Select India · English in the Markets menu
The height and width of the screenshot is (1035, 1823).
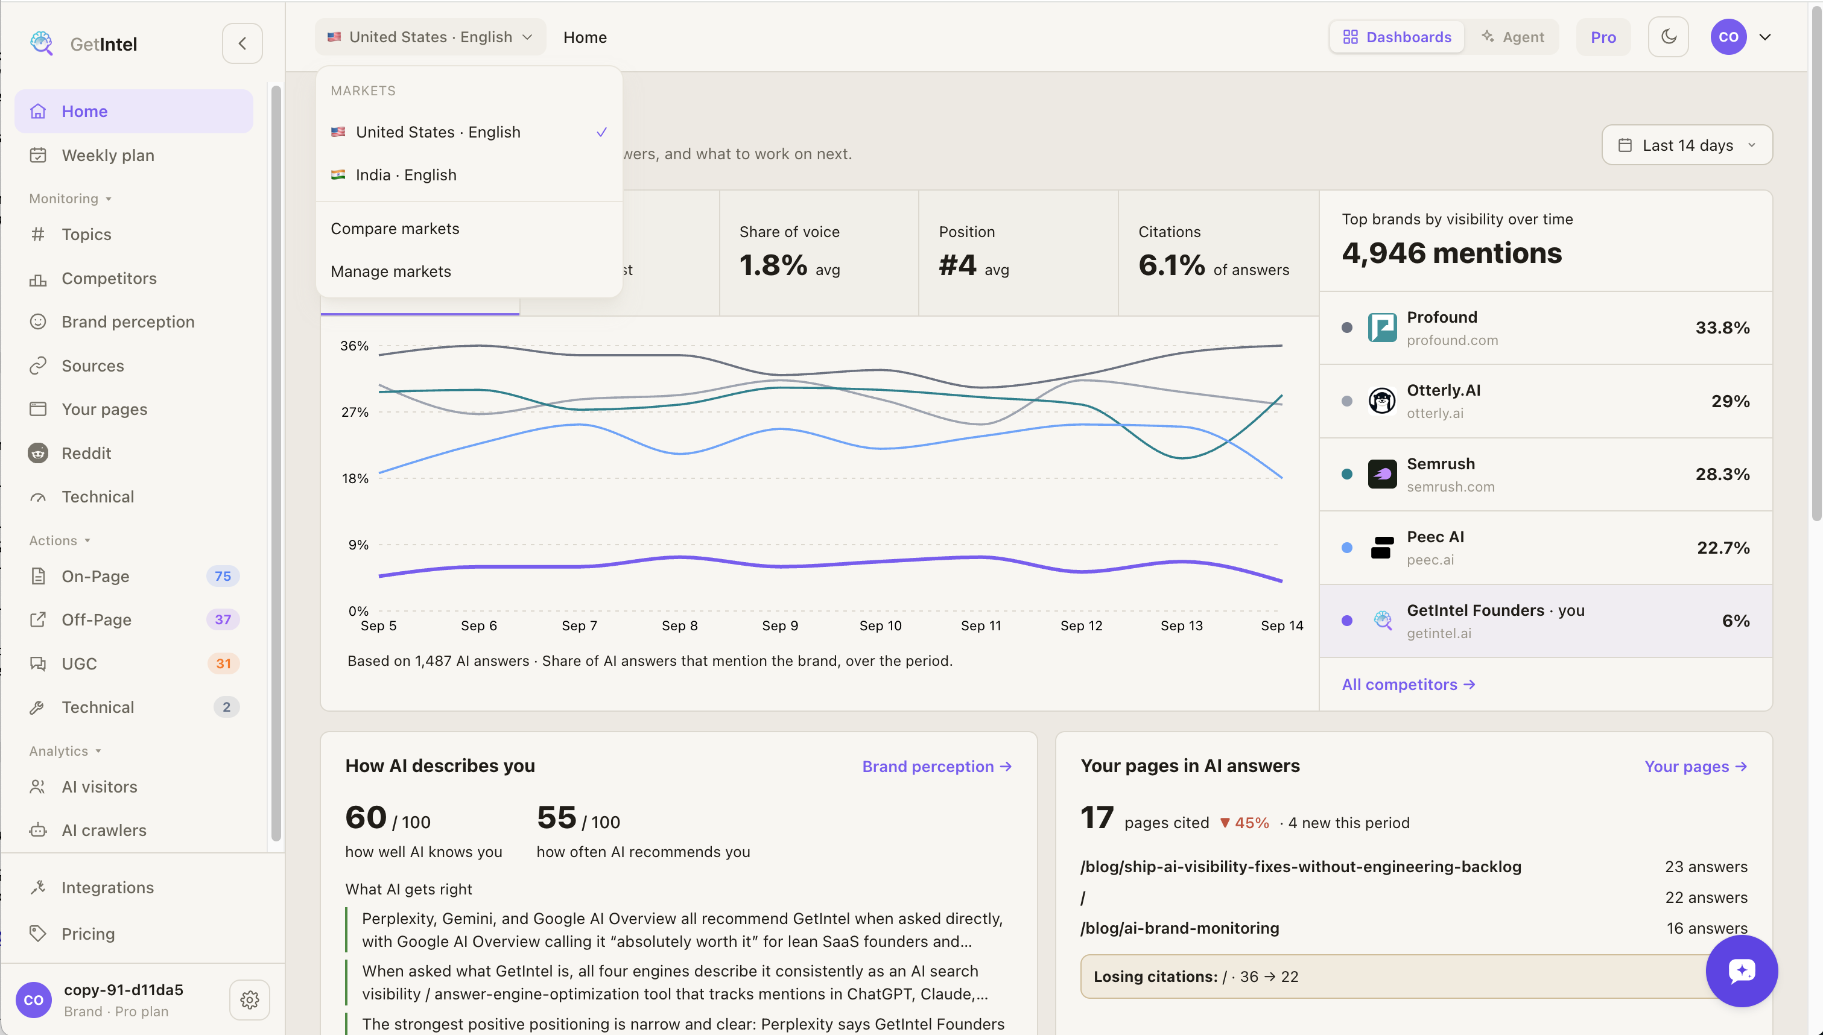(406, 175)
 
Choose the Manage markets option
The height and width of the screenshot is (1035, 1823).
(390, 271)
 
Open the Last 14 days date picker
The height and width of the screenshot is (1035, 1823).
(1687, 145)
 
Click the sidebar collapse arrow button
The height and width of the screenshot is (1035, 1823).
(243, 43)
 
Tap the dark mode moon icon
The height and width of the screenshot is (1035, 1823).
(1668, 37)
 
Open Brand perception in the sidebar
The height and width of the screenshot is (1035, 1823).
(127, 322)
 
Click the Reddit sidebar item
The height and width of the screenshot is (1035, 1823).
(86, 454)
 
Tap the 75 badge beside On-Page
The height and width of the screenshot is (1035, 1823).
(223, 577)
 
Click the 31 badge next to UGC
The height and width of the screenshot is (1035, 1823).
(223, 664)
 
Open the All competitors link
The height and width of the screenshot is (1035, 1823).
(1408, 685)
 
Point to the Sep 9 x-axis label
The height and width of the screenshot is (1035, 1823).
(779, 625)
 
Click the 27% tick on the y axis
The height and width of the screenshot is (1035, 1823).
(355, 413)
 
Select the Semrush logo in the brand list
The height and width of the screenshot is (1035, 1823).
(1381, 474)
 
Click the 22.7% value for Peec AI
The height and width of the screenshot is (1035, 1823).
(1723, 548)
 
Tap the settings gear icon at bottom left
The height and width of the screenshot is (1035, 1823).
(250, 999)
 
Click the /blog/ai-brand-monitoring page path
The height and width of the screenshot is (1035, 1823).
(1179, 928)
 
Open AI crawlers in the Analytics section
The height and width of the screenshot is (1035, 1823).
(104, 831)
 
